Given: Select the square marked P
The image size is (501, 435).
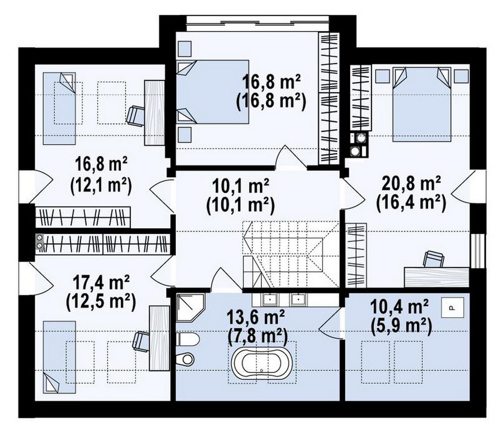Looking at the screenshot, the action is (452, 308).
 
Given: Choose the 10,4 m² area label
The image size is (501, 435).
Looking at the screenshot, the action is (399, 307).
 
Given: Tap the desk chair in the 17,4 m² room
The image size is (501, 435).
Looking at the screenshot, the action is (141, 341).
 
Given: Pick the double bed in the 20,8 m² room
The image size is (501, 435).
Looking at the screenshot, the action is (422, 104).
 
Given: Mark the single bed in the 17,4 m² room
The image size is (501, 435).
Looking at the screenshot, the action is (59, 357).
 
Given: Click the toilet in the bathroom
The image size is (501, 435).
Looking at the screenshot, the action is (188, 340).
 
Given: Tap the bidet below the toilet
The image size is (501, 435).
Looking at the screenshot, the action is (186, 359).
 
